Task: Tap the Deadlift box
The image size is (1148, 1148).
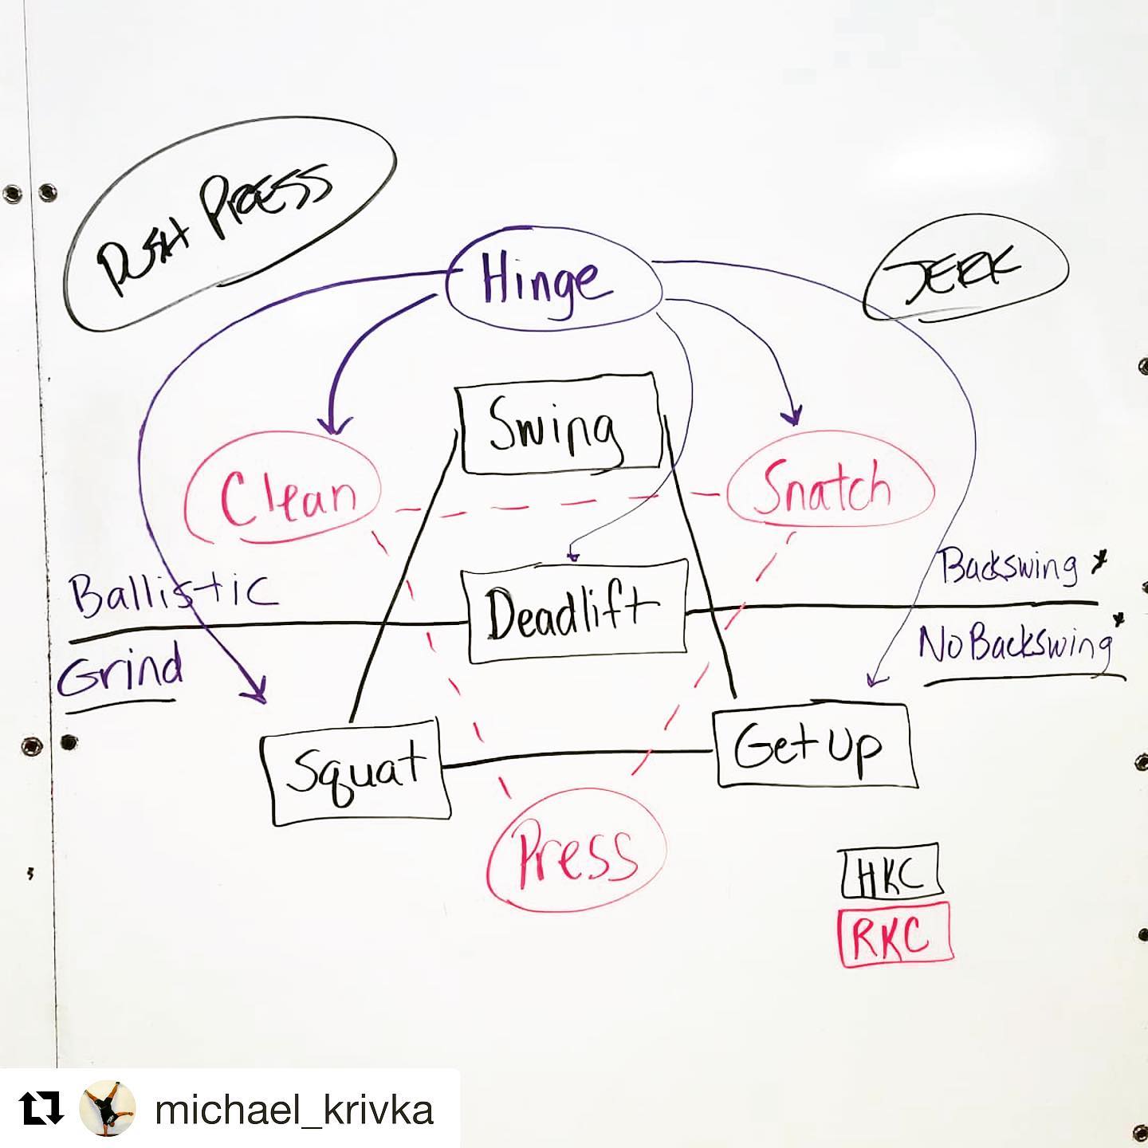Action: [576, 611]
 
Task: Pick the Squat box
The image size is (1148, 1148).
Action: [356, 772]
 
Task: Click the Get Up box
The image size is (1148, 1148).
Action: [812, 746]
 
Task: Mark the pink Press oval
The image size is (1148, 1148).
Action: [576, 853]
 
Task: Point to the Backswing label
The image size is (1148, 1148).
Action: [1008, 567]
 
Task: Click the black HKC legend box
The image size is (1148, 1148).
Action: [890, 873]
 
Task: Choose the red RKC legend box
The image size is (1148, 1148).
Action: [894, 934]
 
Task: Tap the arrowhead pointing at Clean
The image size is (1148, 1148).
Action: [334, 427]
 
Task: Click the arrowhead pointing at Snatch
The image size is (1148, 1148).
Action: [793, 417]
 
